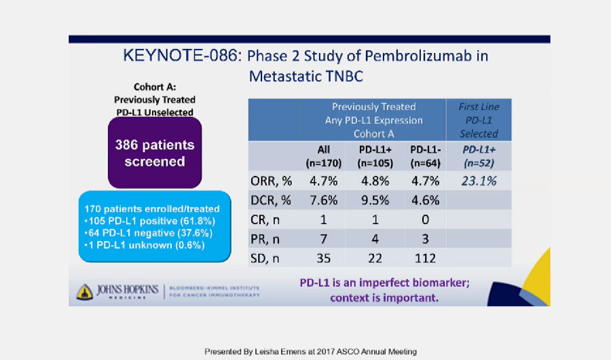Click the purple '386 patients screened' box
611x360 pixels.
(x=155, y=153)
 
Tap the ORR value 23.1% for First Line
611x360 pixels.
(x=479, y=181)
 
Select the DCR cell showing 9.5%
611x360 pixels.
(x=375, y=200)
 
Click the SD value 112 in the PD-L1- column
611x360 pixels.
(x=425, y=258)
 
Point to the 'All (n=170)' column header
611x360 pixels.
(x=323, y=156)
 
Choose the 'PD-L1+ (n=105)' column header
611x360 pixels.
(x=375, y=156)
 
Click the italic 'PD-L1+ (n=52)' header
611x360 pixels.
(x=479, y=156)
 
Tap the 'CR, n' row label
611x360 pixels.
(x=265, y=220)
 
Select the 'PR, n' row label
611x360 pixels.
(x=265, y=239)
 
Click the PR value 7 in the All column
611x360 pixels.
(x=323, y=239)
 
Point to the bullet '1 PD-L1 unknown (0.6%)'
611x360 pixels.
(x=145, y=245)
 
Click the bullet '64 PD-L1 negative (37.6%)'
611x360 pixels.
(x=149, y=233)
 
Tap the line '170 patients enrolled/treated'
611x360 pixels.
(x=152, y=209)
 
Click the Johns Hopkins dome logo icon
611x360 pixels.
(x=85, y=292)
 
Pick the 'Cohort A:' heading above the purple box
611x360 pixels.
(x=155, y=87)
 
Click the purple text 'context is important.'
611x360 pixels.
(x=384, y=298)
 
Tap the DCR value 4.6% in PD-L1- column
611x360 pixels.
(x=425, y=200)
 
